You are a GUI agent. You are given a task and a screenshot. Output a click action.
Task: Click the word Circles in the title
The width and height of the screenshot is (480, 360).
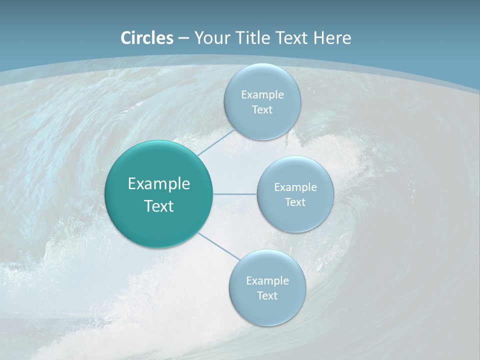click(147, 38)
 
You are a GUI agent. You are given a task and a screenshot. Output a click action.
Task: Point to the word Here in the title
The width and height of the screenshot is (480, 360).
click(332, 38)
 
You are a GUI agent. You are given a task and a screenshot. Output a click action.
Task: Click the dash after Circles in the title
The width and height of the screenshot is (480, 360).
click(183, 38)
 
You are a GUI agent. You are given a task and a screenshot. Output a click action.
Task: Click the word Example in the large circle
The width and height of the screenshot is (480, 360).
click(159, 184)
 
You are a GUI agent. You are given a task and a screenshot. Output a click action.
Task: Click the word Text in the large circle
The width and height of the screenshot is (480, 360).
click(159, 206)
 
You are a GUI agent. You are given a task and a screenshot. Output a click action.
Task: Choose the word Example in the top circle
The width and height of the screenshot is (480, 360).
click(262, 94)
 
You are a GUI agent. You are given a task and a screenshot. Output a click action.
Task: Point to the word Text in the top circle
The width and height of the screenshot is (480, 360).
click(262, 109)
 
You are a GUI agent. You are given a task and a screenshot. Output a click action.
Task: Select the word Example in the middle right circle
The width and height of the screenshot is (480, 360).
click(295, 187)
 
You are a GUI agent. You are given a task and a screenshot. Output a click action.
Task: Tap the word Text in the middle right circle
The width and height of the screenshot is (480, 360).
click(295, 202)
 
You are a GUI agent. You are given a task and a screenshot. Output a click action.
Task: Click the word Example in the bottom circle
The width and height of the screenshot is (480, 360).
click(267, 280)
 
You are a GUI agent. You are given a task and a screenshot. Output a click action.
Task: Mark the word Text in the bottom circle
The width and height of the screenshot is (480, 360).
click(267, 295)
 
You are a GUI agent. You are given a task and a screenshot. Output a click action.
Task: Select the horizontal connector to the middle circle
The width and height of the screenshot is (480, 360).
click(235, 194)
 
